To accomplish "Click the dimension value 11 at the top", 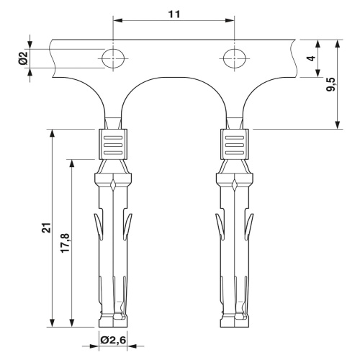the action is pos(174,14).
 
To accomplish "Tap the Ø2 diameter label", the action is pos(24,58).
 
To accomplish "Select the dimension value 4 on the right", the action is pos(311,58).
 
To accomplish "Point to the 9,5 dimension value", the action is pos(331,84).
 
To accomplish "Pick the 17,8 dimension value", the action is pos(65,243).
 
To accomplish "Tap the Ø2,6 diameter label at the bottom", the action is pos(113,340).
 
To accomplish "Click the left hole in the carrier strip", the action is pos(113,58).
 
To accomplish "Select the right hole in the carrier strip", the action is pos(235,58).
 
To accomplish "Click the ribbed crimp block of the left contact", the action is pos(113,145).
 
